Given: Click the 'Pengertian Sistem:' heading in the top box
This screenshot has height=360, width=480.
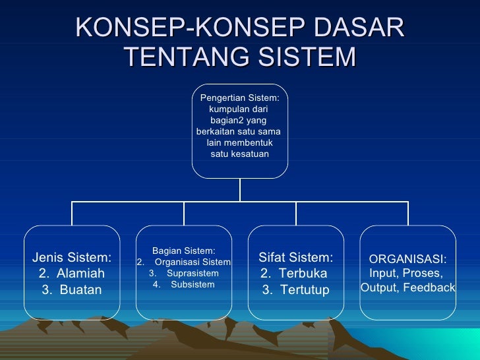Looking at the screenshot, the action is [x=239, y=98].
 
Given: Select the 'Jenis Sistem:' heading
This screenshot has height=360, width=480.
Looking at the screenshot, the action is [x=72, y=257].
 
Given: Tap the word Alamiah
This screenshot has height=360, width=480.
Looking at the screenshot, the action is [x=80, y=273].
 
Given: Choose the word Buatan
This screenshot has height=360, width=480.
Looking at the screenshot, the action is [x=80, y=289].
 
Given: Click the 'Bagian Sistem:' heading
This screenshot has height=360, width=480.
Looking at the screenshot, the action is [x=183, y=251].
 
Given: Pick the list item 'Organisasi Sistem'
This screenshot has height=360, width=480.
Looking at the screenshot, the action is [x=193, y=262].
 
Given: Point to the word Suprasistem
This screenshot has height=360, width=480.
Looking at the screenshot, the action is [x=193, y=273].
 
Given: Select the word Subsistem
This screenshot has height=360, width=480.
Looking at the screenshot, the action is [x=193, y=284].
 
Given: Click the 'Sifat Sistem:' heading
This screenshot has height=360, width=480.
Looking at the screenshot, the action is [x=296, y=257].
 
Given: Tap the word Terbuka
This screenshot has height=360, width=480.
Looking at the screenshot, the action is [x=303, y=273].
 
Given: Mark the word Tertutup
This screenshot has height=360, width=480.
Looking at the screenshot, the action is [x=304, y=289].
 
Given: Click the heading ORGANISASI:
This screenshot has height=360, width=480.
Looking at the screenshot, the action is [x=407, y=259].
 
